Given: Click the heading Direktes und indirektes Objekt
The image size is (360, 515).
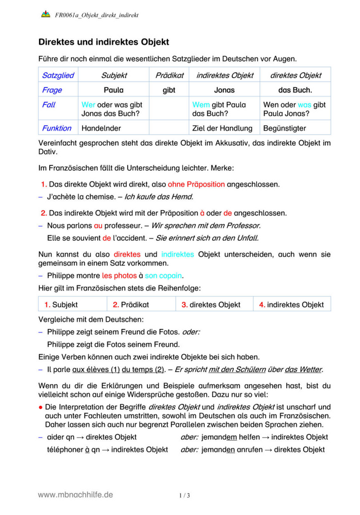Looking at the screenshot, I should pyautogui.click(x=103, y=42).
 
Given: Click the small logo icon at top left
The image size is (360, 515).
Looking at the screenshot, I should pyautogui.click(x=45, y=15).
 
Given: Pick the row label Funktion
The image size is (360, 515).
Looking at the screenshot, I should pyautogui.click(x=56, y=128).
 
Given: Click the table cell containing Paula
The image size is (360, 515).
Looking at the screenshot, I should pyautogui.click(x=113, y=89).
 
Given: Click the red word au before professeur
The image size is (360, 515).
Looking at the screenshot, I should pyautogui.click(x=98, y=226).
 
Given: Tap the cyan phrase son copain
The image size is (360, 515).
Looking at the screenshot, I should pyautogui.click(x=164, y=275).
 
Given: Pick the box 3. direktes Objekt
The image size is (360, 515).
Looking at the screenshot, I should pyautogui.click(x=212, y=304).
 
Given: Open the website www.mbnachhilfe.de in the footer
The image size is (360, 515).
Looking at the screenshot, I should pyautogui.click(x=75, y=494).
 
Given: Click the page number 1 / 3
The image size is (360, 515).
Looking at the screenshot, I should pyautogui.click(x=185, y=495).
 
